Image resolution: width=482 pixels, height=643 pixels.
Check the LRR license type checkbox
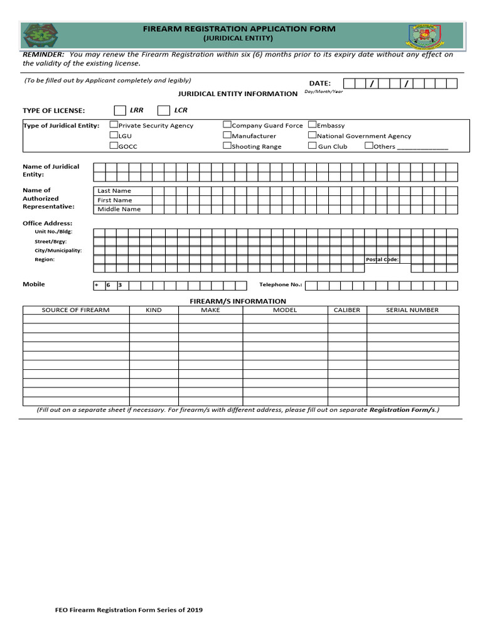pos(119,111)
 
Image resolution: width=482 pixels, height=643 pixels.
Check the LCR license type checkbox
pos(163,111)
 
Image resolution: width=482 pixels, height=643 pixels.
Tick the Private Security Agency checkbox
pos(114,125)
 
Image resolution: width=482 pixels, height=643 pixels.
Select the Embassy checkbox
pos(312,125)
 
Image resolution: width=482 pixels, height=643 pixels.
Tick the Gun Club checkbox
pos(312,146)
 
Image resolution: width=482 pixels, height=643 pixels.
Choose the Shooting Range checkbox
pos(227,146)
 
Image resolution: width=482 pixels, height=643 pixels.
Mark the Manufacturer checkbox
pos(227,135)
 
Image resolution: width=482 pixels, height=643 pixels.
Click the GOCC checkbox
pos(114,146)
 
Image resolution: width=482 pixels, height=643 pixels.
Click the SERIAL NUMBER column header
pos(412,310)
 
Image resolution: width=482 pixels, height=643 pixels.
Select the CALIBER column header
pos(346,310)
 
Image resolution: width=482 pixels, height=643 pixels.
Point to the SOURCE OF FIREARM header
pos(75,310)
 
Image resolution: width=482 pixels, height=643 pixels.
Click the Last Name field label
pos(114,191)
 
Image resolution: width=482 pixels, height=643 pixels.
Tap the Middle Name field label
pos(119,209)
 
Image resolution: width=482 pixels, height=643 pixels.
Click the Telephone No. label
pos(281,284)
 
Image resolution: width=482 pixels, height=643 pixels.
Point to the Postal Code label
pos(382,259)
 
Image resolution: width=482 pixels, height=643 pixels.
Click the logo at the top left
pos(39,35)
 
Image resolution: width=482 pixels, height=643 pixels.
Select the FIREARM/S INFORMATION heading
pos(238,301)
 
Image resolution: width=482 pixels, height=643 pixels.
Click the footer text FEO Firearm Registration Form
pos(128,610)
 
